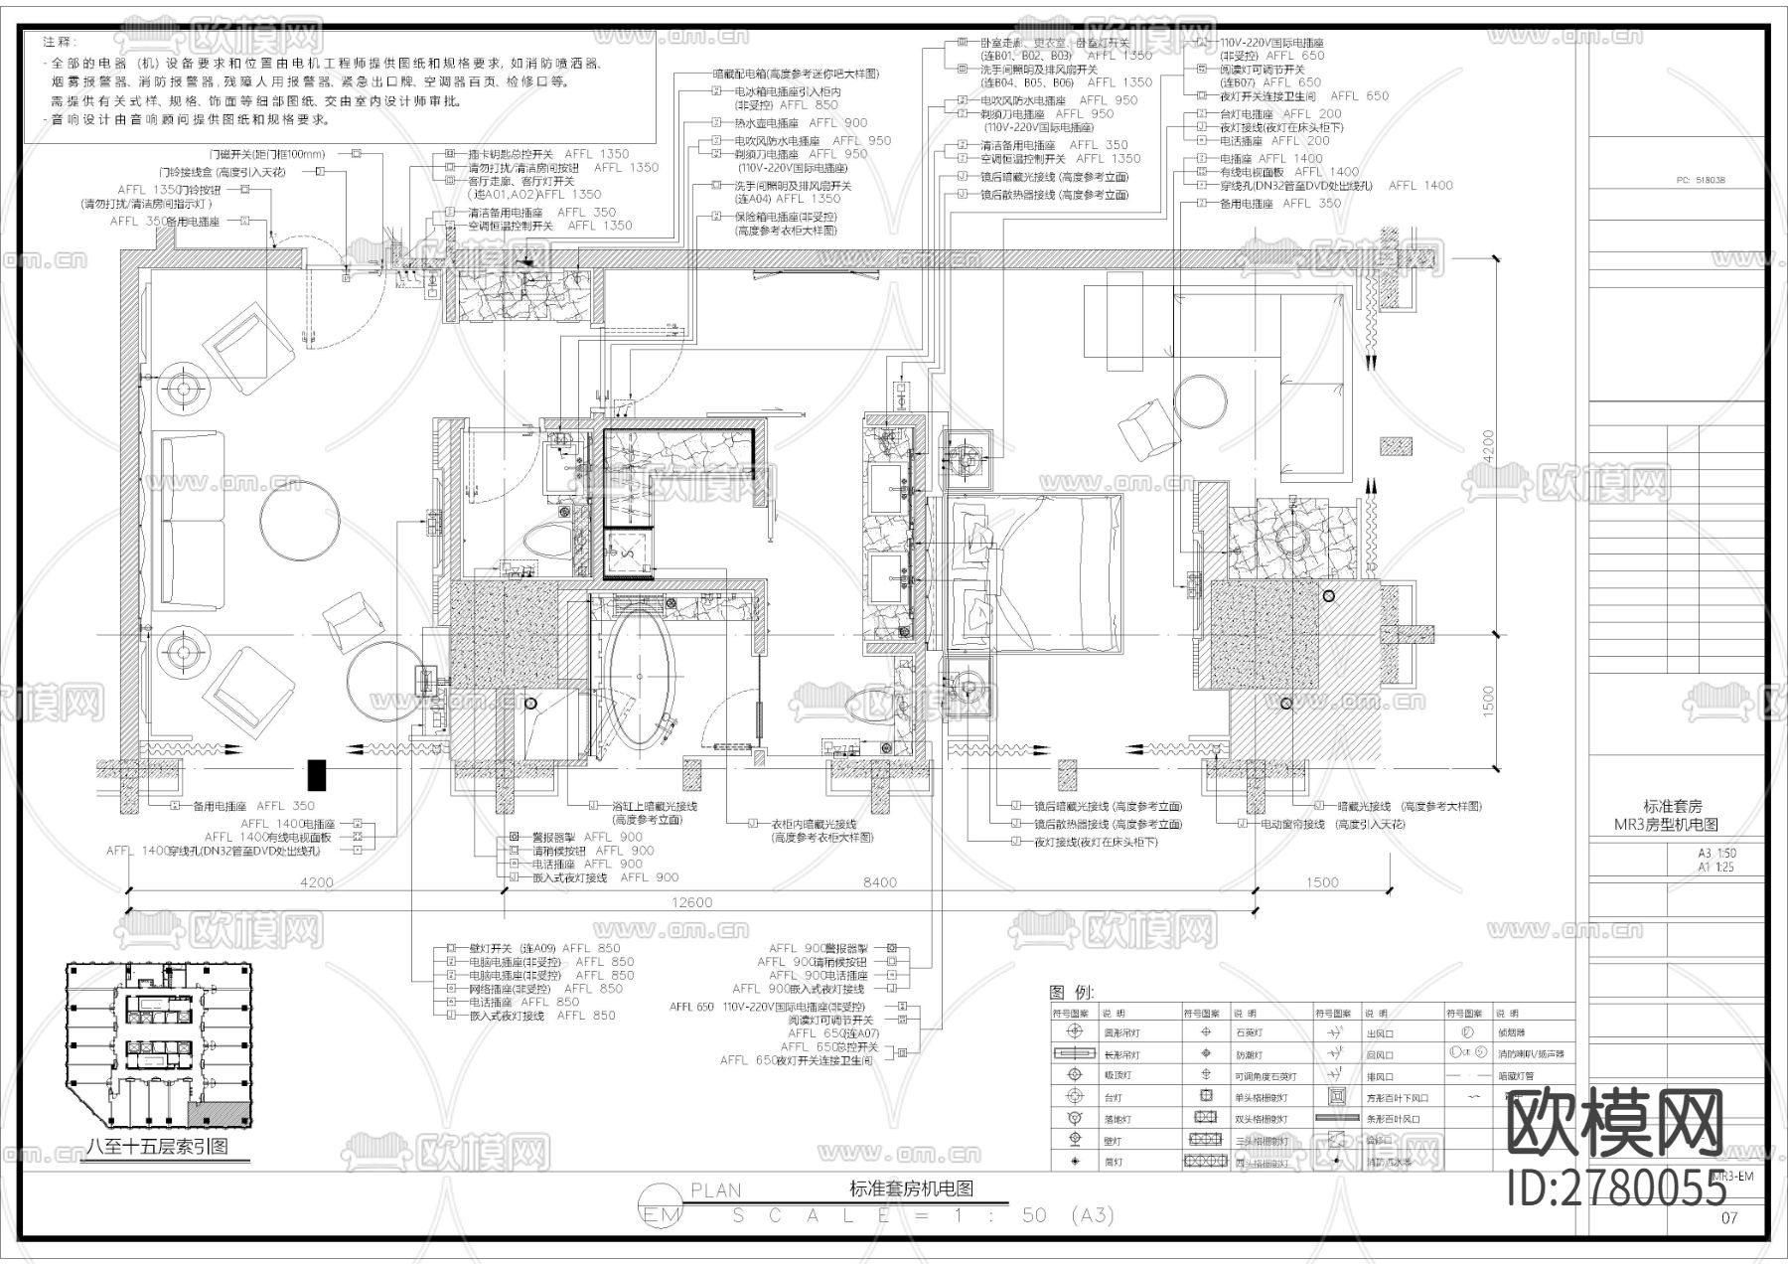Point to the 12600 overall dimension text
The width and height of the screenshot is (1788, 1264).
pyautogui.click(x=691, y=902)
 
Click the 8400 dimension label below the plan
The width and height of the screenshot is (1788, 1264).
pyautogui.click(x=879, y=881)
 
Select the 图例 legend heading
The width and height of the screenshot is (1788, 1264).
pyautogui.click(x=1071, y=992)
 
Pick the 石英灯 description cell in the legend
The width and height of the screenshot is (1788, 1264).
pyautogui.click(x=1249, y=1033)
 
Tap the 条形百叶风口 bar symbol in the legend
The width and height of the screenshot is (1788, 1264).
pyautogui.click(x=1337, y=1118)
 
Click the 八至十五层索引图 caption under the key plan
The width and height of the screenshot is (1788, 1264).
pyautogui.click(x=157, y=1146)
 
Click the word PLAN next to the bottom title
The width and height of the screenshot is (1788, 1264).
pyautogui.click(x=715, y=1189)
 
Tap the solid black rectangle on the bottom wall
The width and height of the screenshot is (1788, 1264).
pyautogui.click(x=317, y=774)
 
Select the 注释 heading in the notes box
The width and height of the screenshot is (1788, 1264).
pyautogui.click(x=58, y=42)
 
